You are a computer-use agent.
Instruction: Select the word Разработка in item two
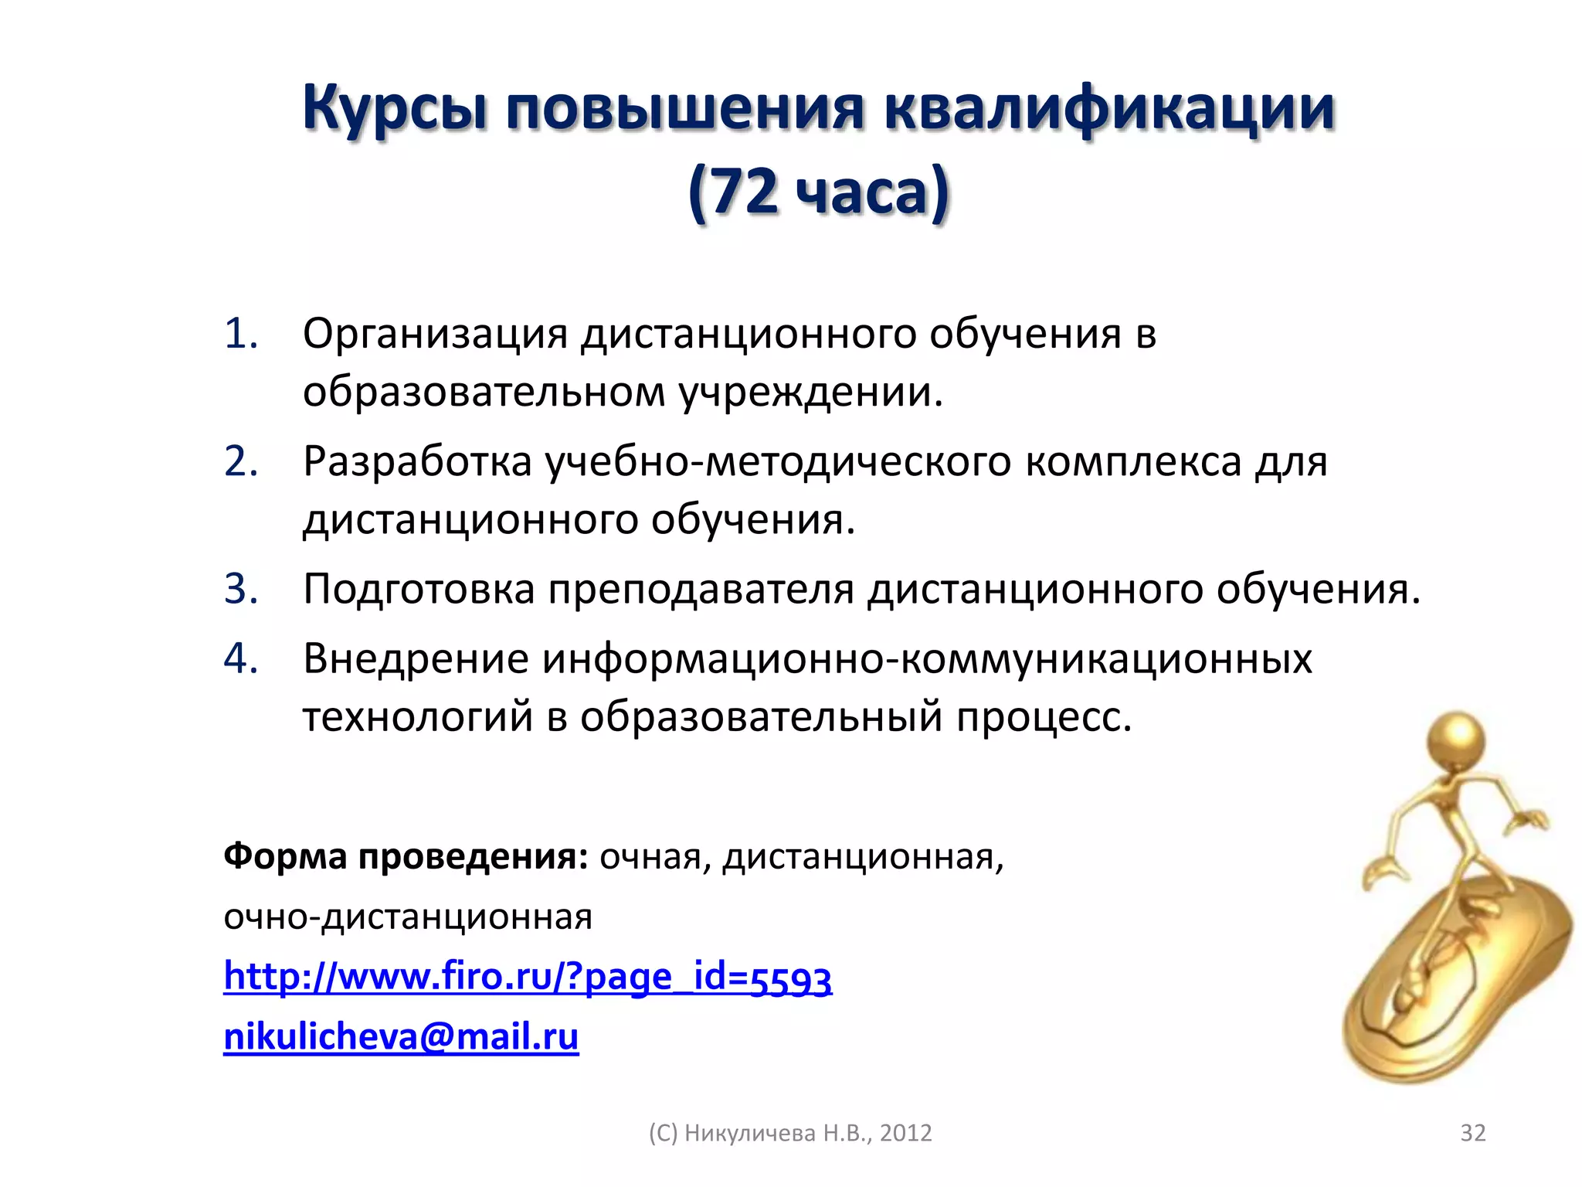click(417, 463)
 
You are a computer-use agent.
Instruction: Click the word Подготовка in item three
click(419, 590)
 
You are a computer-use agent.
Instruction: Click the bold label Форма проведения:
click(406, 857)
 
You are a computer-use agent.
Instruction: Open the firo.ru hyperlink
click(528, 977)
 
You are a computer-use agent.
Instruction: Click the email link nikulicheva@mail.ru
click(401, 1036)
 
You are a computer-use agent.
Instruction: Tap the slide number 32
click(1472, 1133)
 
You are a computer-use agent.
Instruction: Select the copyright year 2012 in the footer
click(906, 1133)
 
